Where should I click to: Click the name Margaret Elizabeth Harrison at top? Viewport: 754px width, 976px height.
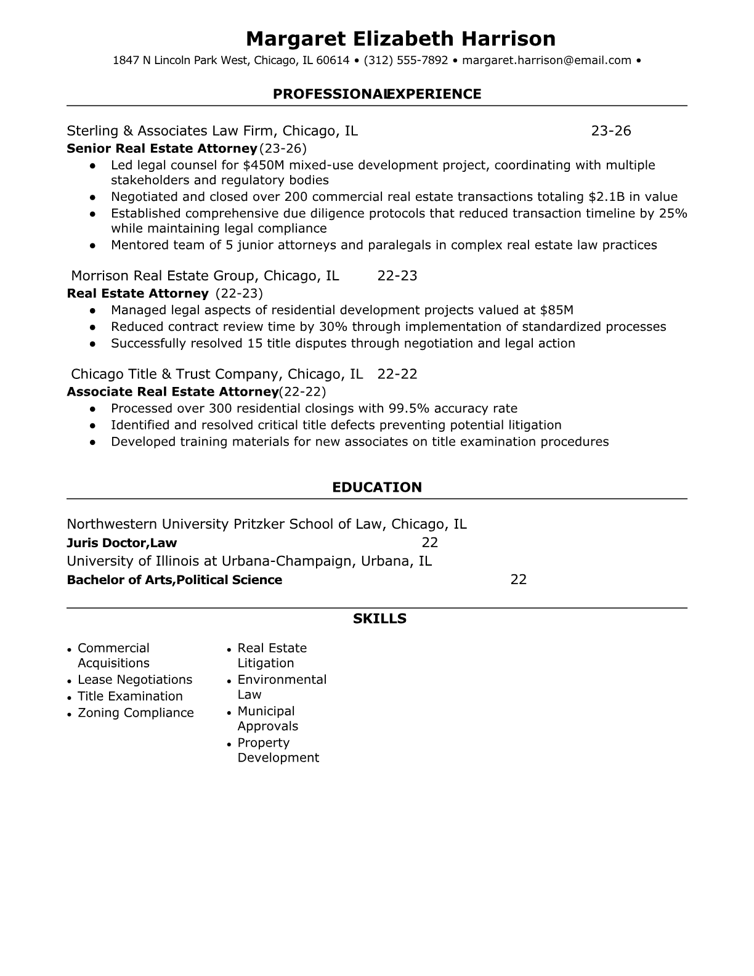click(400, 39)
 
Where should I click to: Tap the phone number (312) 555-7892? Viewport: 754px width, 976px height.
click(406, 60)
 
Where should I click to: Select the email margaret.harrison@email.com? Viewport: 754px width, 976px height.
click(546, 60)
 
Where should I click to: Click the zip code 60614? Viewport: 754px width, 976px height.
click(333, 60)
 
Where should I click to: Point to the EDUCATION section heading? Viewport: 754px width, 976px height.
click(377, 487)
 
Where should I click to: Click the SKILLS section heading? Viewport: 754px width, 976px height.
click(379, 619)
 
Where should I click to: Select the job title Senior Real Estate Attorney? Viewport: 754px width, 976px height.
click(161, 148)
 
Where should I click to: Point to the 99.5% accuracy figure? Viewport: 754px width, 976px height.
click(405, 409)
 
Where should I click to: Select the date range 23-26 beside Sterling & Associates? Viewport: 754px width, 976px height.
click(611, 131)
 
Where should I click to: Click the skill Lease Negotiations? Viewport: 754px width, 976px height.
click(135, 680)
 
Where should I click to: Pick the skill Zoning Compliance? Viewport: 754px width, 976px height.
click(136, 713)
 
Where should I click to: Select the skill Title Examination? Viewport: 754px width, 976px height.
click(130, 696)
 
